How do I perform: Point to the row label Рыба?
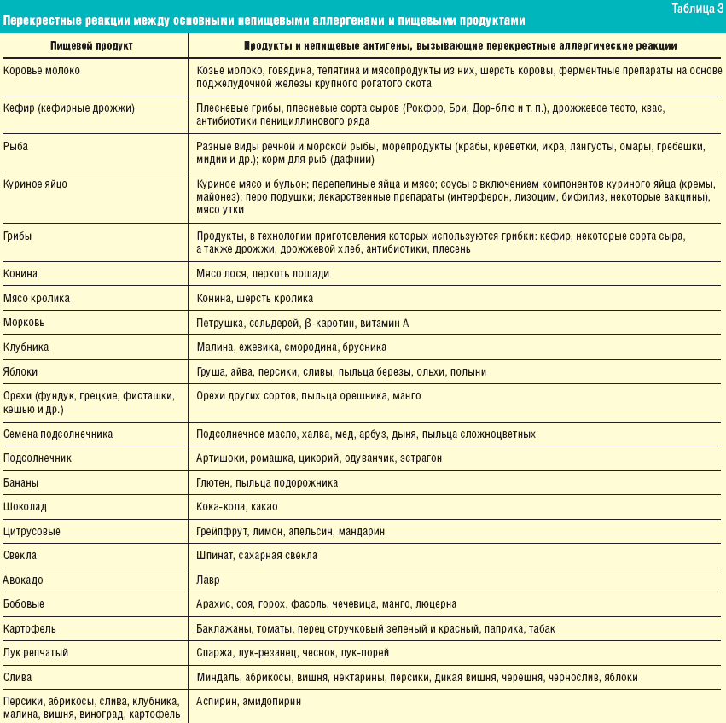click(x=15, y=147)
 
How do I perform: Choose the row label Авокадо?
click(x=23, y=580)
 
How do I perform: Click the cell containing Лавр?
click(x=207, y=580)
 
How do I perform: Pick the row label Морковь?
click(x=24, y=323)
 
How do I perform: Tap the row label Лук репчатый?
click(x=36, y=653)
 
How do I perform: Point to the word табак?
click(x=542, y=628)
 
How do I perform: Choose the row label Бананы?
click(x=20, y=482)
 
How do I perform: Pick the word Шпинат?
click(x=215, y=555)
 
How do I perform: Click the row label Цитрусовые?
click(x=32, y=531)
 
